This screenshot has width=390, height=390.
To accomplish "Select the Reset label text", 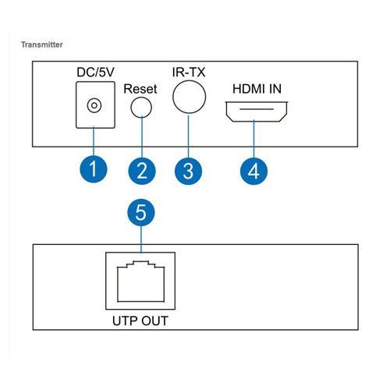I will pos(140,89).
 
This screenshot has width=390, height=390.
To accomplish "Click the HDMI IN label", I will pos(253,88).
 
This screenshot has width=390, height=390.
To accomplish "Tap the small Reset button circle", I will pos(141,108).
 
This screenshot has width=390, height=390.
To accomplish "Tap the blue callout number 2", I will pos(141,170).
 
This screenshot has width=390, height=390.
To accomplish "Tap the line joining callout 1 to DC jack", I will pos(94,140).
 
